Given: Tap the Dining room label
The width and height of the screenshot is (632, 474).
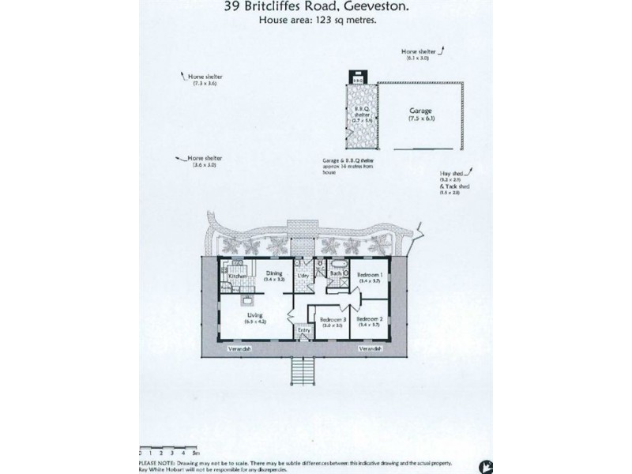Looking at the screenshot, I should click(x=274, y=273).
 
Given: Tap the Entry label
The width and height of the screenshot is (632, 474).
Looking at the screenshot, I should click(x=303, y=330).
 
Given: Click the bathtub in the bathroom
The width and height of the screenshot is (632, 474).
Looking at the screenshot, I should click(x=337, y=265).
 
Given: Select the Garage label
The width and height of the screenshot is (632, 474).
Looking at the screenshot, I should click(x=421, y=111).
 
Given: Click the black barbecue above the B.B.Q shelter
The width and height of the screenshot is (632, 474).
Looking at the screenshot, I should click(x=357, y=78).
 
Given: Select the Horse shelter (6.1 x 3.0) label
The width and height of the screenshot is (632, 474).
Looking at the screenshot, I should click(x=418, y=53).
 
